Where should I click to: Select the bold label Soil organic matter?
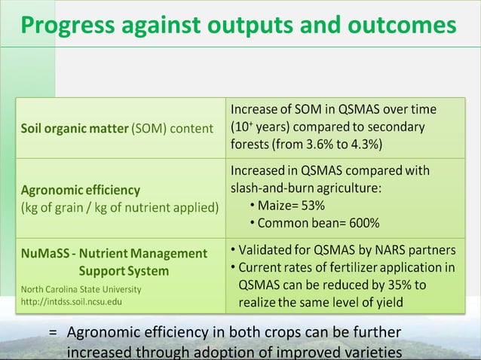coord(75,128)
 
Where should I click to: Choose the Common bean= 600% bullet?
coord(318,223)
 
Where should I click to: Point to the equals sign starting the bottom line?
coord(53,333)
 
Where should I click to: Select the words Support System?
coord(123,270)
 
